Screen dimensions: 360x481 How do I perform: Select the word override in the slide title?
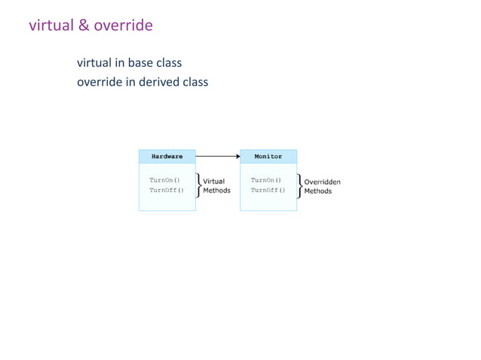[123, 26]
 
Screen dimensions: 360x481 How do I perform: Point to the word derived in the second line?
[156, 81]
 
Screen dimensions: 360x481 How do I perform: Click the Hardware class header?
[167, 157]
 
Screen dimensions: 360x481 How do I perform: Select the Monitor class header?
[268, 157]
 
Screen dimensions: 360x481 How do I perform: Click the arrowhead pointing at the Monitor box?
[237, 157]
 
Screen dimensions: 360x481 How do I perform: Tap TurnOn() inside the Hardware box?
[164, 181]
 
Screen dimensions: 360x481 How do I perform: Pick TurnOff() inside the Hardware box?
[167, 191]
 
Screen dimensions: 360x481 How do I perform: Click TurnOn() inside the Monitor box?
[265, 181]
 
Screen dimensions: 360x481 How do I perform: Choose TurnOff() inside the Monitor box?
[268, 191]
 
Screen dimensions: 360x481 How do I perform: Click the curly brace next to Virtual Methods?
[198, 185]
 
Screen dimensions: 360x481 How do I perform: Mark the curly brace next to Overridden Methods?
[299, 185]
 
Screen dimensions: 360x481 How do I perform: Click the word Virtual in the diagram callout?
[213, 182]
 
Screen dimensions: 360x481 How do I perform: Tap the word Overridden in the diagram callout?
[322, 182]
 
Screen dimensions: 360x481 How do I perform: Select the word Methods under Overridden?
[317, 191]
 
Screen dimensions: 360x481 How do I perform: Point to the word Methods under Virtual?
[216, 191]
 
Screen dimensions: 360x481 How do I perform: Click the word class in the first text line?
[169, 63]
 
